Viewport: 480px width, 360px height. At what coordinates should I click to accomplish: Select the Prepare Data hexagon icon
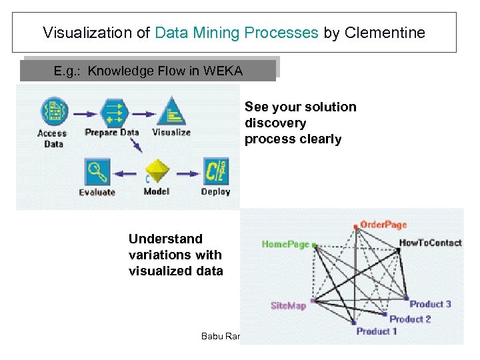[x=111, y=109]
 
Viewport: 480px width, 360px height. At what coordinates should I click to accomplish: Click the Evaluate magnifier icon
[x=97, y=171]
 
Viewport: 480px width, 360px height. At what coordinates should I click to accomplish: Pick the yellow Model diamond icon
[x=157, y=173]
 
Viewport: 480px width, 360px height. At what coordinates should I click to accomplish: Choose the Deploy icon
[x=215, y=171]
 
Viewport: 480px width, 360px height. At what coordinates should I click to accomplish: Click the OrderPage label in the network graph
[x=383, y=225]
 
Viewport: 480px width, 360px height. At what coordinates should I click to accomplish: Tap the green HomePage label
[x=285, y=244]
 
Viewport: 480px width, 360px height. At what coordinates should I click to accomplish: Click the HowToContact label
[x=430, y=243]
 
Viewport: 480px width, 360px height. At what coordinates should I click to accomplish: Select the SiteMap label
[x=288, y=305]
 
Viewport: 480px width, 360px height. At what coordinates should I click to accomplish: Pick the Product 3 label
[x=430, y=304]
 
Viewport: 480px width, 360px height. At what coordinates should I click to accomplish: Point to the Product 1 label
[x=377, y=331]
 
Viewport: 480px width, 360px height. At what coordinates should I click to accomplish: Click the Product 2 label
[x=410, y=319]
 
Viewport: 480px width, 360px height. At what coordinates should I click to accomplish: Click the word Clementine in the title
[x=385, y=33]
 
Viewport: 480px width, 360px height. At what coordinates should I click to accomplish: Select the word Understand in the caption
[x=165, y=239]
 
